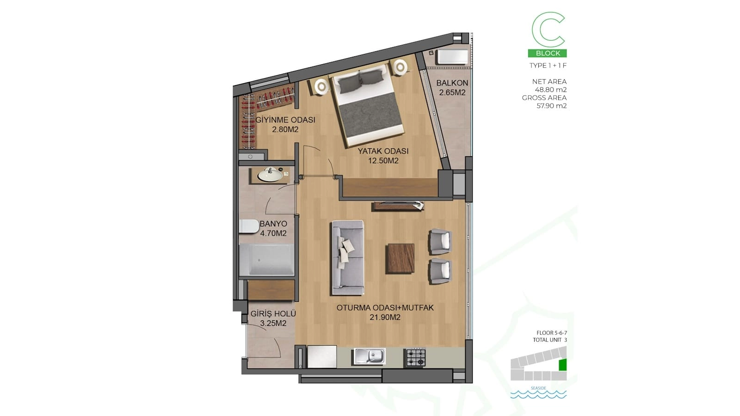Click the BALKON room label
tap(452, 83)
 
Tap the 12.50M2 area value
tap(383, 161)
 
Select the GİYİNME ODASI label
tap(285, 120)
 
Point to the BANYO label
tap(273, 224)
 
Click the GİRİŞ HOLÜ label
tap(273, 314)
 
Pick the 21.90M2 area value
tap(385, 317)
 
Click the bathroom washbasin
tap(270, 174)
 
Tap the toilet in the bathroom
tap(249, 226)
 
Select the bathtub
tap(266, 260)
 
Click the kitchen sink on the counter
tap(370, 356)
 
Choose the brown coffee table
tap(400, 258)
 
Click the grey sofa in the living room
tap(348, 257)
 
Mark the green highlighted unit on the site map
tap(562, 365)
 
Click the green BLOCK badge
tap(548, 53)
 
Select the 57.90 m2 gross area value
tap(552, 106)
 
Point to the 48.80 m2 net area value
tap(551, 90)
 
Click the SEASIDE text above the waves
tap(538, 388)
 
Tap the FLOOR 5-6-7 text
tap(552, 333)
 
